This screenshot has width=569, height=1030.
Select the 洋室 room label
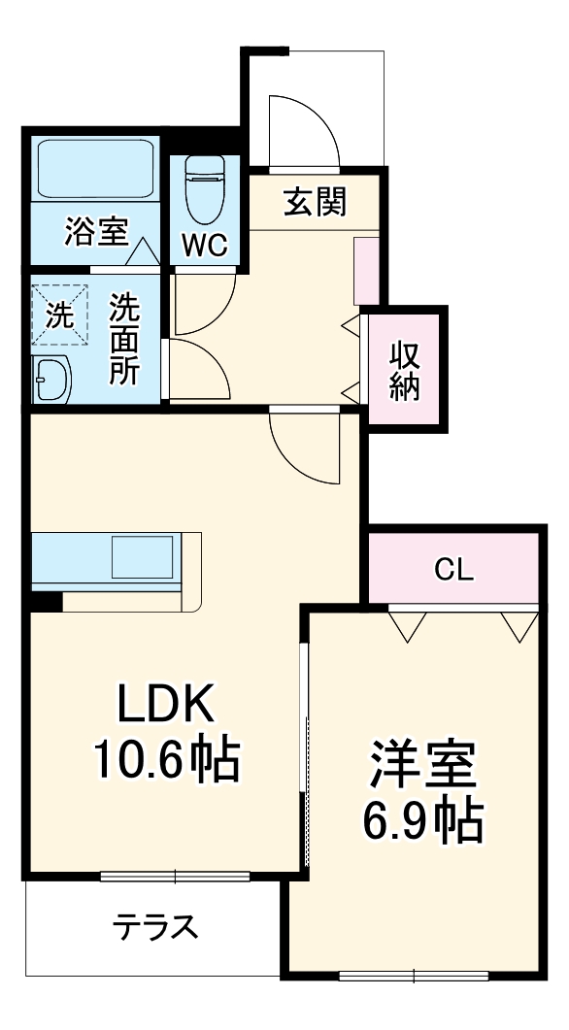[422, 768]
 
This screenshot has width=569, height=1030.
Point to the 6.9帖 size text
[422, 821]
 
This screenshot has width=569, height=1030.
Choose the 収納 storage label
[405, 371]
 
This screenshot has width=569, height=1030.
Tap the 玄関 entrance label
[315, 202]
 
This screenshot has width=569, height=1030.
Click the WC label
[205, 247]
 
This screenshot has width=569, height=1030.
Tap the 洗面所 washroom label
[123, 340]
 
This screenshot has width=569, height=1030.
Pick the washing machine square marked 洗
[60, 314]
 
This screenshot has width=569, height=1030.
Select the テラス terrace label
[155, 928]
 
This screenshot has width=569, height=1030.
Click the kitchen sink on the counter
[142, 558]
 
